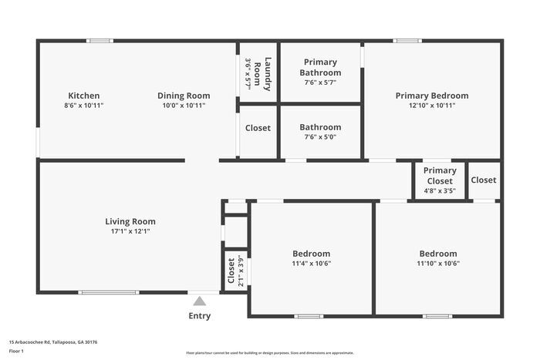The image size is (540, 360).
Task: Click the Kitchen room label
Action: [84, 96]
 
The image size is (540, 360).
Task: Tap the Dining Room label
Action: [184, 96]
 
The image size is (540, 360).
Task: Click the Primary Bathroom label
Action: [320, 67]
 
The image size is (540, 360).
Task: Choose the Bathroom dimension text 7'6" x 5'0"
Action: [320, 136]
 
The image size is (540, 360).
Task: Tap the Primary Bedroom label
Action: [432, 96]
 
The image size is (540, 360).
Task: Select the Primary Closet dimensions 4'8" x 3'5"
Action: [439, 190]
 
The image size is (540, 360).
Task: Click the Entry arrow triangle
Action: [200, 301]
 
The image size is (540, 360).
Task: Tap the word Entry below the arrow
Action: [200, 315]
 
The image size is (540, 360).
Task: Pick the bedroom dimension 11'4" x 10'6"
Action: [311, 263]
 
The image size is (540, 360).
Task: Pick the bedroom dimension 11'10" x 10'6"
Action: [437, 263]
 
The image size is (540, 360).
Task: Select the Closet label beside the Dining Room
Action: [258, 128]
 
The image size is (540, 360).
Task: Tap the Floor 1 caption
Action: [16, 351]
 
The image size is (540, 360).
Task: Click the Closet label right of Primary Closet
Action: [484, 180]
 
